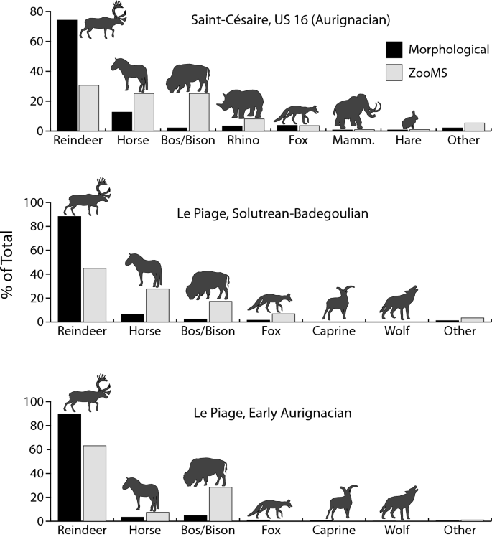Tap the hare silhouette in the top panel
[410, 120]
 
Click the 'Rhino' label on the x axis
[241, 141]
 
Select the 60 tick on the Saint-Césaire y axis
[37, 42]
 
